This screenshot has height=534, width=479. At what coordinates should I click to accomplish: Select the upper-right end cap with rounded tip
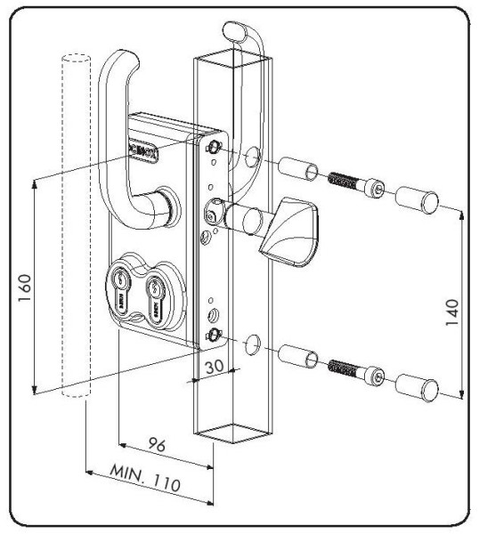[416, 198]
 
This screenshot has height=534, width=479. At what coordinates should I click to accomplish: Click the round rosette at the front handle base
[166, 204]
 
